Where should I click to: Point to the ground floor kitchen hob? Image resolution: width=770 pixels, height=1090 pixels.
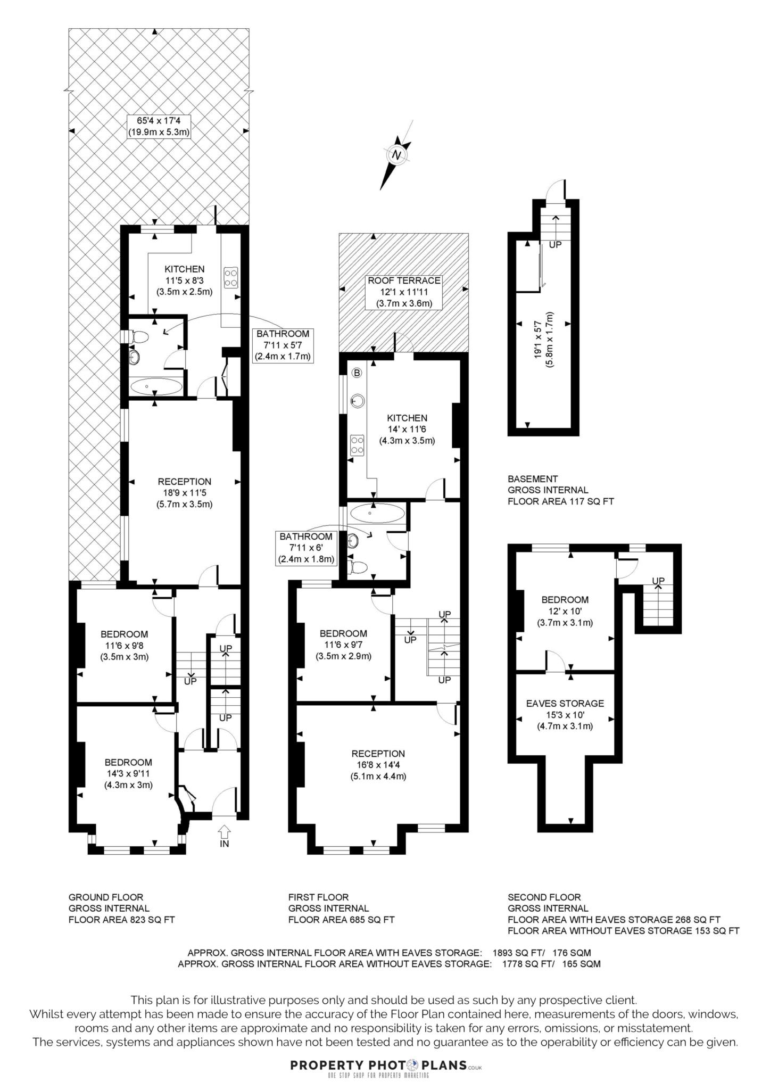[231, 277]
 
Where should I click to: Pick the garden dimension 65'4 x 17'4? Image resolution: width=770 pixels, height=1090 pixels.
[159, 126]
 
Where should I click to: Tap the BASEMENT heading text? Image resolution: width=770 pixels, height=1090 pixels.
[533, 478]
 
